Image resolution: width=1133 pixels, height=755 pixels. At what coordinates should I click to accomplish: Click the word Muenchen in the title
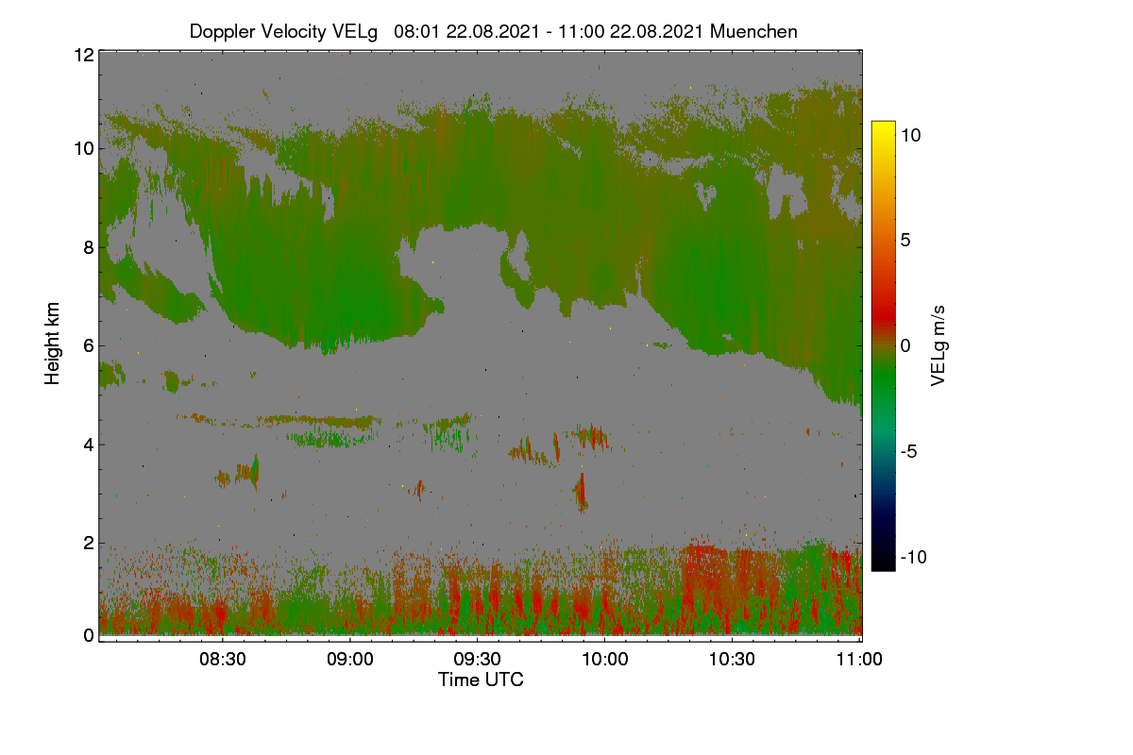[x=753, y=31]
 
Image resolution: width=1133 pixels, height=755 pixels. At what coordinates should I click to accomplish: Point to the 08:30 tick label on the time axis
[x=222, y=659]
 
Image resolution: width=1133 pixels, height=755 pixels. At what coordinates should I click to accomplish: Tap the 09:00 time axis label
[x=350, y=659]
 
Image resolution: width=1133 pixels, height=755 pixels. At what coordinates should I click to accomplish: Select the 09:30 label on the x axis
[x=477, y=659]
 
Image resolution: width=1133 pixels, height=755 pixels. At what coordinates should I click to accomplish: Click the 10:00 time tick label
[x=605, y=659]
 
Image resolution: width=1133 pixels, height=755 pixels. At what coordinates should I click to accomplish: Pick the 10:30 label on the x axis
[x=732, y=659]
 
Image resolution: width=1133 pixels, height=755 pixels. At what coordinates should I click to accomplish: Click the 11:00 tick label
[x=859, y=659]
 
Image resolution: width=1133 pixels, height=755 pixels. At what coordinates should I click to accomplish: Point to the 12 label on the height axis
[x=84, y=55]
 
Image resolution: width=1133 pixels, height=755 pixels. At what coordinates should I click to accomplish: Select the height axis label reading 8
[x=89, y=247]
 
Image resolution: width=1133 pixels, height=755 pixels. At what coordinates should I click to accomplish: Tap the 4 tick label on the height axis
[x=89, y=445]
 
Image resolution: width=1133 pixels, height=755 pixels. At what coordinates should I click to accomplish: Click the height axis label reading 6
[x=89, y=346]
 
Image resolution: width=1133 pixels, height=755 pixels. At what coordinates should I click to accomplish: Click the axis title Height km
[x=52, y=344]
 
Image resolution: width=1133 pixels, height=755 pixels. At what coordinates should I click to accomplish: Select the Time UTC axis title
[x=481, y=679]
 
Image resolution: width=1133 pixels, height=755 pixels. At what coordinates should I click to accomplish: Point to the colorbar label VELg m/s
[x=938, y=346]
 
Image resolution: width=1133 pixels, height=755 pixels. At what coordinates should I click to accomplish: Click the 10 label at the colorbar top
[x=911, y=136]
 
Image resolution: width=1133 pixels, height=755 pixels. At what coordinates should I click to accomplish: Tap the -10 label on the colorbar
[x=914, y=557]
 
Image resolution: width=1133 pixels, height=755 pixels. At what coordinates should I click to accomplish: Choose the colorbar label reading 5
[x=905, y=241]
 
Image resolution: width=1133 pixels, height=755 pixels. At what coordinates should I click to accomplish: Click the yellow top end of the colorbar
[x=883, y=123]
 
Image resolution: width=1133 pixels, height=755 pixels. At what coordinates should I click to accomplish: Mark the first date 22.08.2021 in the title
[x=493, y=31]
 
